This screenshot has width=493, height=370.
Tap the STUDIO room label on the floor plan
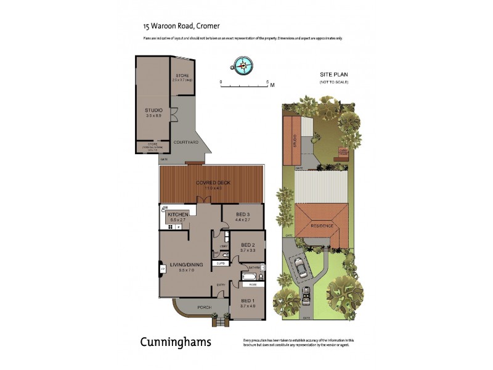tap(153, 110)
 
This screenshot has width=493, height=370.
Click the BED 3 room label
tap(243, 215)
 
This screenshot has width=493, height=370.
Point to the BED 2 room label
tap(248, 244)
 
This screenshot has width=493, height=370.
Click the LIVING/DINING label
tap(187, 266)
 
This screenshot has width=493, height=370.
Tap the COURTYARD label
tap(185, 142)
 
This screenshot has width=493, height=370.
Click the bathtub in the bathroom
tap(249, 277)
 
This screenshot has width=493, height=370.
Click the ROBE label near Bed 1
tap(253, 286)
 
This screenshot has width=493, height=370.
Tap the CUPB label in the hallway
tap(220, 263)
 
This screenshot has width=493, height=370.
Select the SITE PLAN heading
tap(333, 74)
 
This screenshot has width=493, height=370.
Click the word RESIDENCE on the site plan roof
tap(321, 226)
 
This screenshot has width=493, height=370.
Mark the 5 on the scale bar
tap(267, 81)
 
